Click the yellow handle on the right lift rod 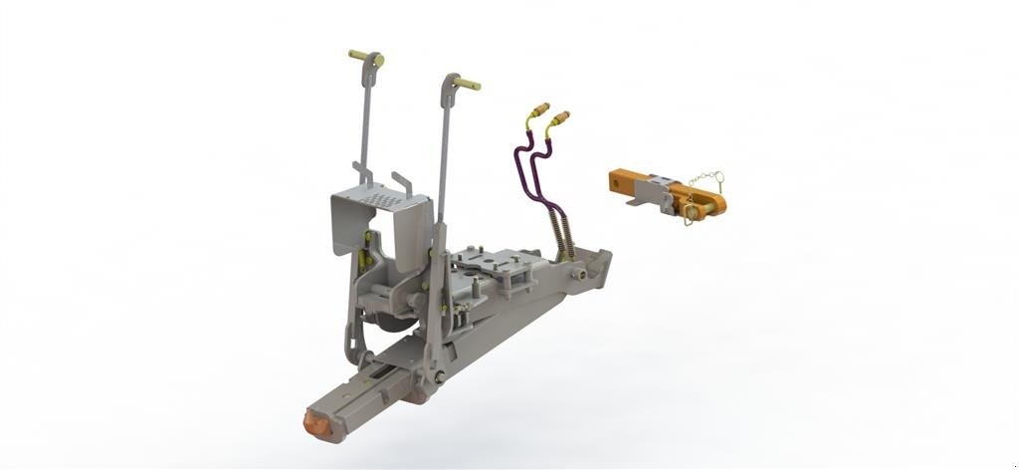coord(469,85)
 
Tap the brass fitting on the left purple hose coord(539,108)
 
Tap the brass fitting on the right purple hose coord(559,119)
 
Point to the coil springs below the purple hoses coord(563,237)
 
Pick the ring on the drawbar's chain coord(717,178)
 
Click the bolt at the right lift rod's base coord(439,376)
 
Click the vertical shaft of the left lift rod coord(366,119)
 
